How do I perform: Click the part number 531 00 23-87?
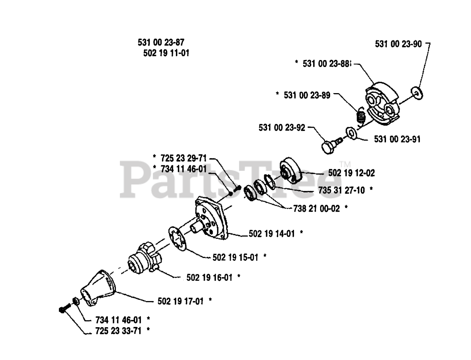tap(161, 43)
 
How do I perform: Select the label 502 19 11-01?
tap(166, 53)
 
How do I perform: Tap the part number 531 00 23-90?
tap(398, 44)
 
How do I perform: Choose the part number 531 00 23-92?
tap(282, 128)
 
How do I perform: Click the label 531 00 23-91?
tap(397, 139)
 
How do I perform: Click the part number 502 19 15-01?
tap(235, 257)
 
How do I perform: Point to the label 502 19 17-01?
tap(180, 301)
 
